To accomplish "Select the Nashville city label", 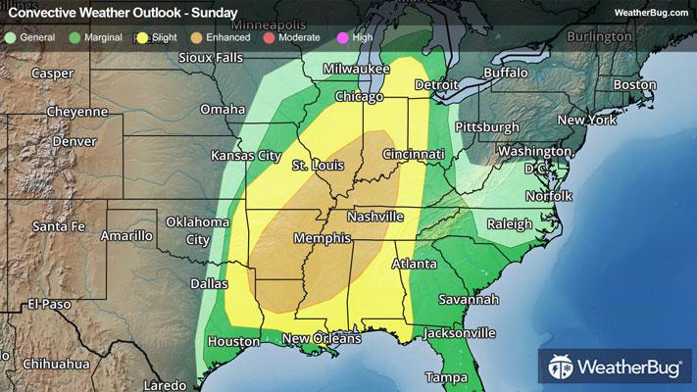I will tap(374, 216).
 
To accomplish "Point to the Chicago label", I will tap(359, 97).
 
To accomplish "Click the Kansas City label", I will tap(246, 156).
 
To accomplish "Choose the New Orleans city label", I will tap(322, 338).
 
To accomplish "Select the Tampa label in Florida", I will tap(446, 377).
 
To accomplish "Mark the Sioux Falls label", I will tap(210, 58).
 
